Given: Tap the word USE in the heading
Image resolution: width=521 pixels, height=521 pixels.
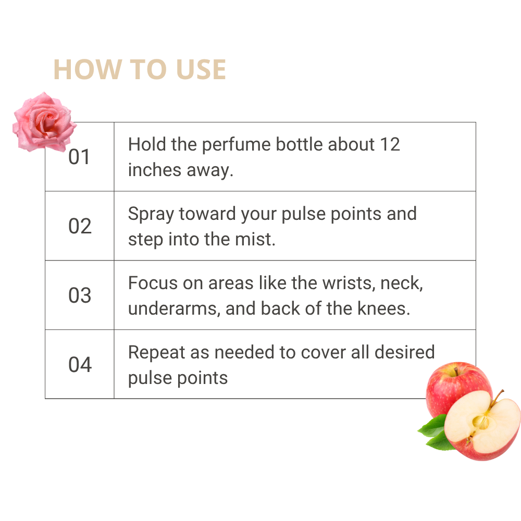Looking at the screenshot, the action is [x=201, y=69].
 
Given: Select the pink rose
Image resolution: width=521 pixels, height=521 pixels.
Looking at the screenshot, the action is [x=44, y=122].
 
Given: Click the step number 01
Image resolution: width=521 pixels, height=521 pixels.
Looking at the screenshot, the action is [x=79, y=157].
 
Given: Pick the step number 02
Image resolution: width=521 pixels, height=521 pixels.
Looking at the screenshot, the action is [x=80, y=226].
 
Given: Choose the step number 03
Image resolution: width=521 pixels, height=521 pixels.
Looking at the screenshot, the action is [x=80, y=295].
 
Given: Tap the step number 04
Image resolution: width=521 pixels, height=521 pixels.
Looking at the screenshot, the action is [x=80, y=365].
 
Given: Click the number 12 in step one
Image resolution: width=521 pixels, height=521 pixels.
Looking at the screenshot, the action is [x=390, y=144].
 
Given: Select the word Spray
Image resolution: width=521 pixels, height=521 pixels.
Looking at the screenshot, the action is [x=151, y=214].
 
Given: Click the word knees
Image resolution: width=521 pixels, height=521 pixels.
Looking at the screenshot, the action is [x=383, y=308].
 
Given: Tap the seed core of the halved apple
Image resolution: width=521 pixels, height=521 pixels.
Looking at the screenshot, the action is [x=480, y=423].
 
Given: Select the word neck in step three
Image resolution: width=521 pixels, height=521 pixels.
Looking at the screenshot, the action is [x=401, y=283].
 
